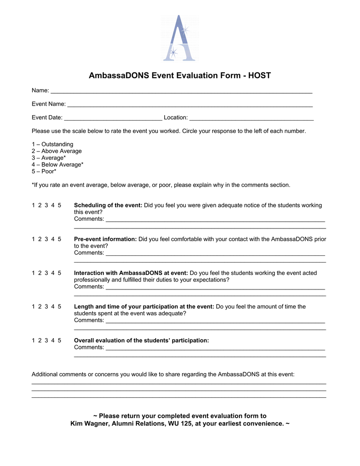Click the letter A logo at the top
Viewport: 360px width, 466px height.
180,38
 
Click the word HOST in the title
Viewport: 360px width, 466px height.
259,76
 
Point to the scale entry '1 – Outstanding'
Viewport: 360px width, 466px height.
52,144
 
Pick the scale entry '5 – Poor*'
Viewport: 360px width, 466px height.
44,172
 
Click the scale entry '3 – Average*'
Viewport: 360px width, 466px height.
49,158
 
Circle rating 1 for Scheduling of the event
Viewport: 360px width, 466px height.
33,205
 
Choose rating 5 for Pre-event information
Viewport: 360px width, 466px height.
60,239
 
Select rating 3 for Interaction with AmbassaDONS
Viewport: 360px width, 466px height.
46,273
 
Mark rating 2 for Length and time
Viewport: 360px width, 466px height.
40,307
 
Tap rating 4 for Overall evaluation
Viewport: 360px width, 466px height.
53,340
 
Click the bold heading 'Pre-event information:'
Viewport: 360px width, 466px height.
105,239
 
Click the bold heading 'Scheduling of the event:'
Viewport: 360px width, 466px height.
108,205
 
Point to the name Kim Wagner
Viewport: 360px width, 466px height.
91,424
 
